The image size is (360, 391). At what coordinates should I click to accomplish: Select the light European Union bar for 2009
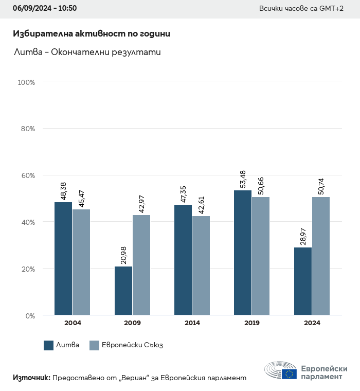pos(141,265)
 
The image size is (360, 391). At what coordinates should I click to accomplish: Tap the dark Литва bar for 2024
pos(303,281)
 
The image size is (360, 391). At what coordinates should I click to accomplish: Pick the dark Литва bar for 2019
pos(243,253)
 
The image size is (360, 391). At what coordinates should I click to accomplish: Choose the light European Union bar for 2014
pos(201,265)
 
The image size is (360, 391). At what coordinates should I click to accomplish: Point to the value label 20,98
pos(123,256)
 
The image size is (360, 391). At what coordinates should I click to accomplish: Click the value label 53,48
pos(243,180)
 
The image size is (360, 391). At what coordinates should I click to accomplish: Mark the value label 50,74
pos(321,186)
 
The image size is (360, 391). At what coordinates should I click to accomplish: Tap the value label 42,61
pos(202,205)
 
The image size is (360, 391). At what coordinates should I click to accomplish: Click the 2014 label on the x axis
pos(192,323)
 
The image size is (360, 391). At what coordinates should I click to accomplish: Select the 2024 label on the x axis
pos(312,323)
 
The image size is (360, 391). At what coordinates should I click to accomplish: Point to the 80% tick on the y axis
pos(27,129)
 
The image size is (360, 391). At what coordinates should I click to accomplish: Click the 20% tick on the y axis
pos(27,269)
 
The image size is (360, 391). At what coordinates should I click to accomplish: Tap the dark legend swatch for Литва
pos(49,345)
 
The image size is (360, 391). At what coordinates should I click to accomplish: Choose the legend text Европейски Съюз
pos(132,345)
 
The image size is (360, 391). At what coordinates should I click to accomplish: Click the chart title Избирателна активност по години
pos(91,34)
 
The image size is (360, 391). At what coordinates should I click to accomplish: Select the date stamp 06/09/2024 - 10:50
pos(45,8)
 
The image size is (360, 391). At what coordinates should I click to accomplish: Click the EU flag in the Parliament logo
pos(289,374)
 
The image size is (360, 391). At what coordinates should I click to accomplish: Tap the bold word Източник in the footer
pos(31,378)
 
